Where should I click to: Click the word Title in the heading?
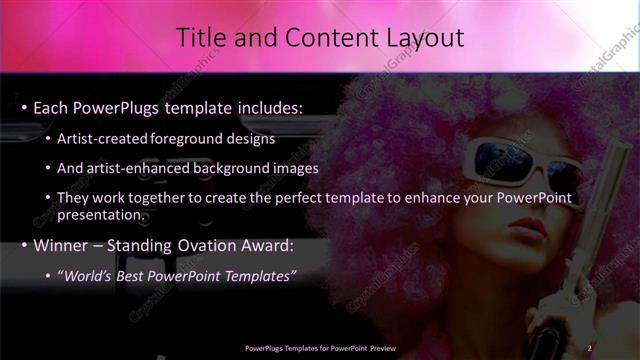pyautogui.click(x=199, y=38)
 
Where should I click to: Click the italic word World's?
pyautogui.click(x=88, y=276)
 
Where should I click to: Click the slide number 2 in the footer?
pyautogui.click(x=590, y=347)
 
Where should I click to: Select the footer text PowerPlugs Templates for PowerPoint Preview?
pyautogui.click(x=320, y=347)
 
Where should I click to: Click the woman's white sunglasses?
pyautogui.click(x=520, y=160)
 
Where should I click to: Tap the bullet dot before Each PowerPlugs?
pyautogui.click(x=24, y=107)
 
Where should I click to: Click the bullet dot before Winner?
pyautogui.click(x=24, y=246)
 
